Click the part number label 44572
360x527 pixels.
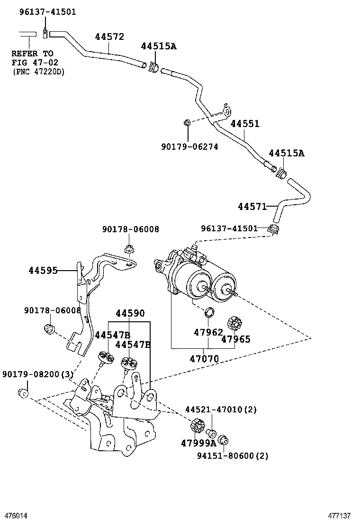109,37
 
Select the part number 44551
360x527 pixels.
245,124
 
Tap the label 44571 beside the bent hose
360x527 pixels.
252,207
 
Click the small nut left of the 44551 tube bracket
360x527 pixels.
187,123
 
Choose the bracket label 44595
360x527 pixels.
43,271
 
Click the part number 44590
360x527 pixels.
130,313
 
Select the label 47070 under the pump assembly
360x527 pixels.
204,359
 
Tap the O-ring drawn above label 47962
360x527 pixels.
208,312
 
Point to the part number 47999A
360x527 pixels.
198,444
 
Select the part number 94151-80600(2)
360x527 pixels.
232,456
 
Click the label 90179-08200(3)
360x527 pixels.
38,374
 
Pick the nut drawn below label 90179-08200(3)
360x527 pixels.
21,393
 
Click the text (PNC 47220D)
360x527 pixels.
38,72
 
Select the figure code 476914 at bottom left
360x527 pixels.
16,516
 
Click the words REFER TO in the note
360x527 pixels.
32,54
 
